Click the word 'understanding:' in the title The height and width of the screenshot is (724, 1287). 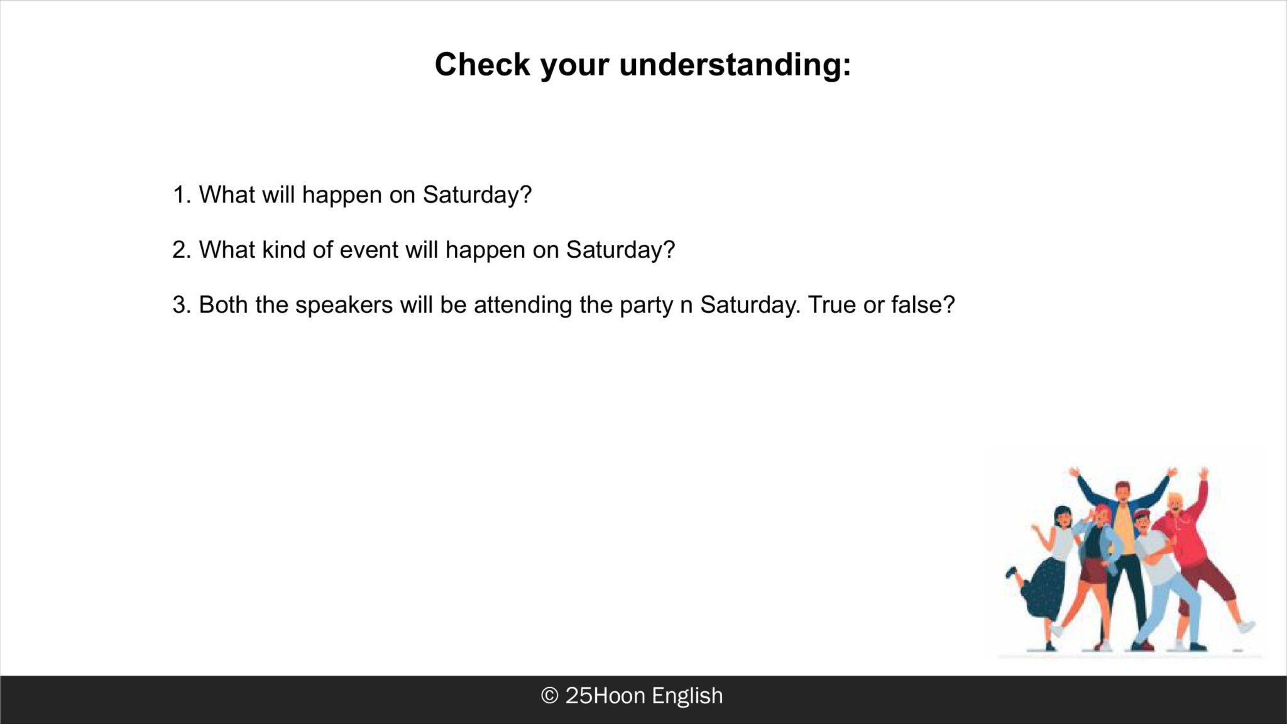pos(735,65)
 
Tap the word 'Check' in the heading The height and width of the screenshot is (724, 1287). pos(483,64)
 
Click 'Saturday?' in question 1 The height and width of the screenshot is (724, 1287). pos(477,195)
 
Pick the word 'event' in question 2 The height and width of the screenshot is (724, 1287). pos(369,250)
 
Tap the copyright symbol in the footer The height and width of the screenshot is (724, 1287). pos(549,696)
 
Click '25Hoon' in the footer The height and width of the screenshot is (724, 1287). pos(605,696)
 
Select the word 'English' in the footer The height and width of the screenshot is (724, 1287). pos(687,696)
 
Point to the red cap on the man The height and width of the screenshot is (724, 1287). pos(1142,514)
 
